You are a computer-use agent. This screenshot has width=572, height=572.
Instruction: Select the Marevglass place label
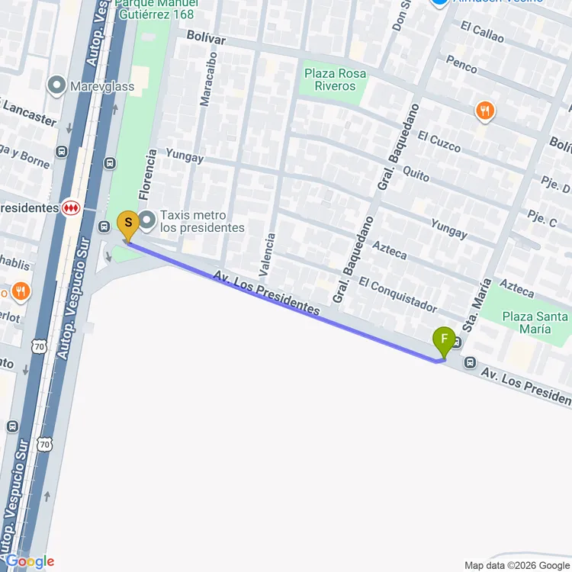click(101, 86)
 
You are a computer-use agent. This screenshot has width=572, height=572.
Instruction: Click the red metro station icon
click(71, 207)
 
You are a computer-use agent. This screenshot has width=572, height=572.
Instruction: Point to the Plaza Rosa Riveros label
click(335, 80)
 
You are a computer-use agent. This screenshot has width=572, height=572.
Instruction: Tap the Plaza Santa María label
click(534, 323)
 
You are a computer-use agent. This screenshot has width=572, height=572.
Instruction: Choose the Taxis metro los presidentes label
click(202, 221)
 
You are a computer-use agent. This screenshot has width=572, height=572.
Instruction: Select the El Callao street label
click(482, 31)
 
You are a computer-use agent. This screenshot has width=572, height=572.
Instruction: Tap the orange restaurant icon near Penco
click(484, 112)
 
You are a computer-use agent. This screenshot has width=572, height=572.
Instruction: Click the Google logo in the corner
click(28, 561)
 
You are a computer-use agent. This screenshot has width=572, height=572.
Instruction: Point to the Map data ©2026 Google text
click(516, 565)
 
